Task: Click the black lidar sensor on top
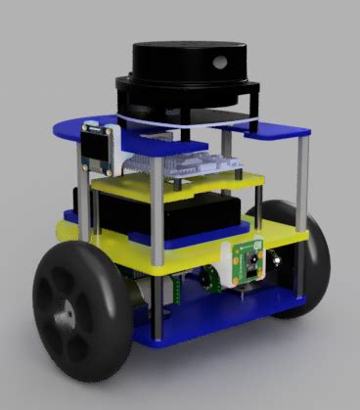[x=186, y=68]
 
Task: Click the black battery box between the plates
[x=196, y=215]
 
